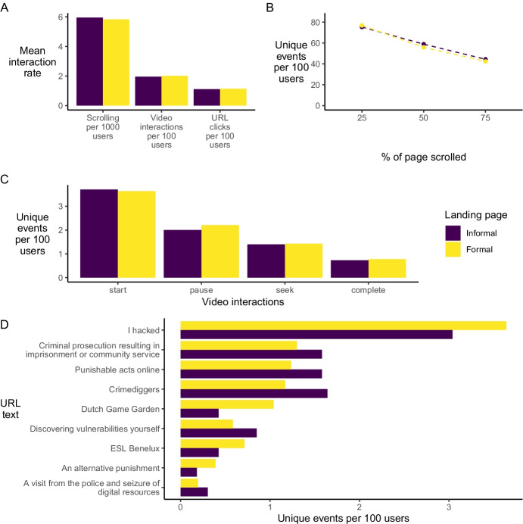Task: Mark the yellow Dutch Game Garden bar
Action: click(227, 404)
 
